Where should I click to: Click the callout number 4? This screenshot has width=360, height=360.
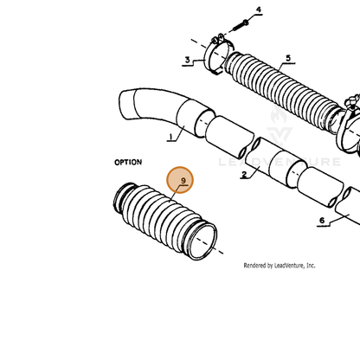(x=259, y=10)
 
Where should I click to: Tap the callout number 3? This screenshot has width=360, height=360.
(x=188, y=60)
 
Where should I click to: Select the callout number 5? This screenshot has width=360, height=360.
(x=288, y=58)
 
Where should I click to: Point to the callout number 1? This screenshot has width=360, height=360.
(x=171, y=137)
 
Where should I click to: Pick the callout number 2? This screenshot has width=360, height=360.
(x=244, y=174)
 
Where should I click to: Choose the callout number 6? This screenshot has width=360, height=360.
(x=322, y=221)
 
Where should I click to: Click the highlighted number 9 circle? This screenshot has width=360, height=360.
(x=180, y=180)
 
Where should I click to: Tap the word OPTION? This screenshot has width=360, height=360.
(x=128, y=162)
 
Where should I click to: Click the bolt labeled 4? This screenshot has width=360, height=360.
(x=239, y=25)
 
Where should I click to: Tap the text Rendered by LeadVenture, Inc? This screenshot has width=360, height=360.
(x=280, y=266)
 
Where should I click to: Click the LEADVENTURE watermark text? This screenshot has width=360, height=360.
(x=280, y=162)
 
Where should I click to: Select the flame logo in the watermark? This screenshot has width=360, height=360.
(x=279, y=115)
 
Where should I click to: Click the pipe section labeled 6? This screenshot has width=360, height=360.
(x=348, y=205)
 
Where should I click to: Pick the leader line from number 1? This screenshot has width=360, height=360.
(x=180, y=133)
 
